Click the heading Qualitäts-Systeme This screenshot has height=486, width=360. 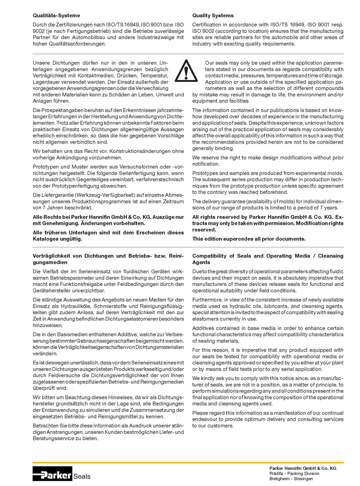point(56,16)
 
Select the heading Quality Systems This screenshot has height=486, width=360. point(212,16)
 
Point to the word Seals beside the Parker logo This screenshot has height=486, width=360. point(81,476)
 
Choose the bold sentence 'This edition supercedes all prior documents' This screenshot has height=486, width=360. point(249,239)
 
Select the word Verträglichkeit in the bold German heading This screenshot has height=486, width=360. point(51,256)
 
